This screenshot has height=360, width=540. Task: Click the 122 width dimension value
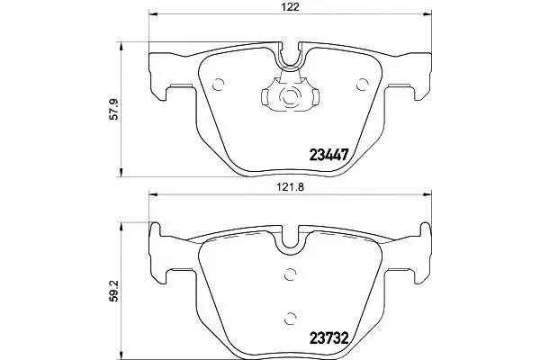click(291, 6)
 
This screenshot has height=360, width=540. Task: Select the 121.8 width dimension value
click(292, 187)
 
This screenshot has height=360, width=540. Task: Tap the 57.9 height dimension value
click(114, 109)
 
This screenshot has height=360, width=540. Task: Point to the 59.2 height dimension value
click(114, 291)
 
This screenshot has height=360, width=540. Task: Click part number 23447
click(329, 155)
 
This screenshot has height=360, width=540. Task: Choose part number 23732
click(329, 338)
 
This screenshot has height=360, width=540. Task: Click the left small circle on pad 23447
click(219, 84)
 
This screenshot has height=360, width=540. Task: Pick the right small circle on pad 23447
click(363, 84)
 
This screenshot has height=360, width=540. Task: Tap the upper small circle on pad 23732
click(291, 274)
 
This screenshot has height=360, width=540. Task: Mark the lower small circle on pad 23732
click(291, 319)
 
